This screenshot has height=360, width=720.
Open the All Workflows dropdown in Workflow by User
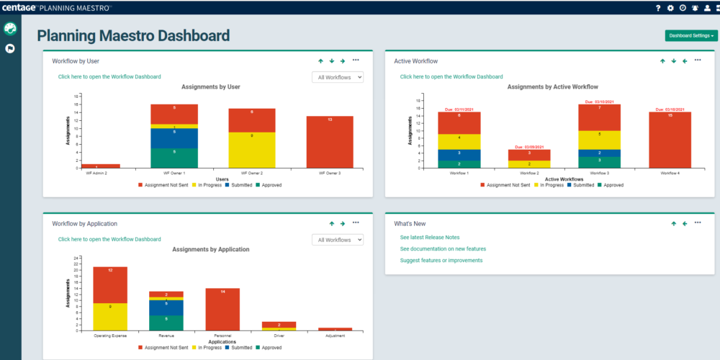(338, 77)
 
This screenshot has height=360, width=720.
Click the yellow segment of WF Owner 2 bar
(252, 149)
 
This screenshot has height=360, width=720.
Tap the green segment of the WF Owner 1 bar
(174, 158)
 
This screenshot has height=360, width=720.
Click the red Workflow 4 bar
(670, 139)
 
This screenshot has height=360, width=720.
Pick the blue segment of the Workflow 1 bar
(459, 154)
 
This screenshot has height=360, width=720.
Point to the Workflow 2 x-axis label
(529, 174)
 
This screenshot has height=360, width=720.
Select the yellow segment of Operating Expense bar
(110, 316)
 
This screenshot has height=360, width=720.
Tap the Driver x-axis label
(268, 336)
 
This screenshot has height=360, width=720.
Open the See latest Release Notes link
(430, 237)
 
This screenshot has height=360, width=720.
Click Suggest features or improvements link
(441, 260)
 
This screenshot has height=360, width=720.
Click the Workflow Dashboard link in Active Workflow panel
(451, 76)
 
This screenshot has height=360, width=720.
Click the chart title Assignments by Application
(211, 249)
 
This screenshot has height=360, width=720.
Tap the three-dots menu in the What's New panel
(698, 223)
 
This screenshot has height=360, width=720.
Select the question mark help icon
(657, 8)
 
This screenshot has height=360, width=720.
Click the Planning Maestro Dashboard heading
(133, 35)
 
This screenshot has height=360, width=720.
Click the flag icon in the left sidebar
(10, 49)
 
